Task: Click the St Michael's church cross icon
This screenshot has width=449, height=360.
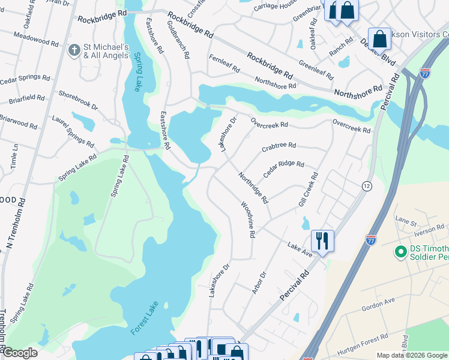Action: tap(74, 50)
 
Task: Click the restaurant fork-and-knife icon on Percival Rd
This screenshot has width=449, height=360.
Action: tap(322, 241)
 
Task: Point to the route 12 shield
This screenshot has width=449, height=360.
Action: tap(366, 186)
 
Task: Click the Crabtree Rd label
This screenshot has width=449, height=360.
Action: tap(279, 146)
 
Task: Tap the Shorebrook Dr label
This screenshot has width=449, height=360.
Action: tap(77, 100)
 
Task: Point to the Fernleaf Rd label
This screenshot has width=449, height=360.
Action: tap(224, 62)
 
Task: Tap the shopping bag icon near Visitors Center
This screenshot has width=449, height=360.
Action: tap(379, 40)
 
